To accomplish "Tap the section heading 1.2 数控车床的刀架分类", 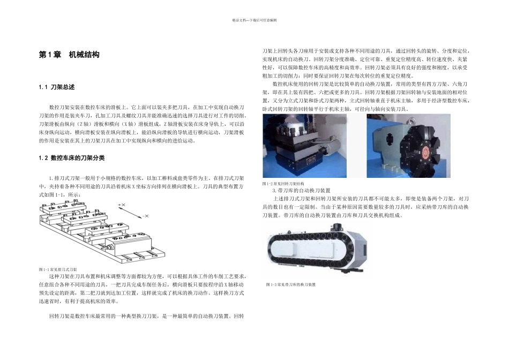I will (72, 158).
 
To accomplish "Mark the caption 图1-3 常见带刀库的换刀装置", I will (290, 284).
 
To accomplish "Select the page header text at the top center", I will (254, 20).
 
